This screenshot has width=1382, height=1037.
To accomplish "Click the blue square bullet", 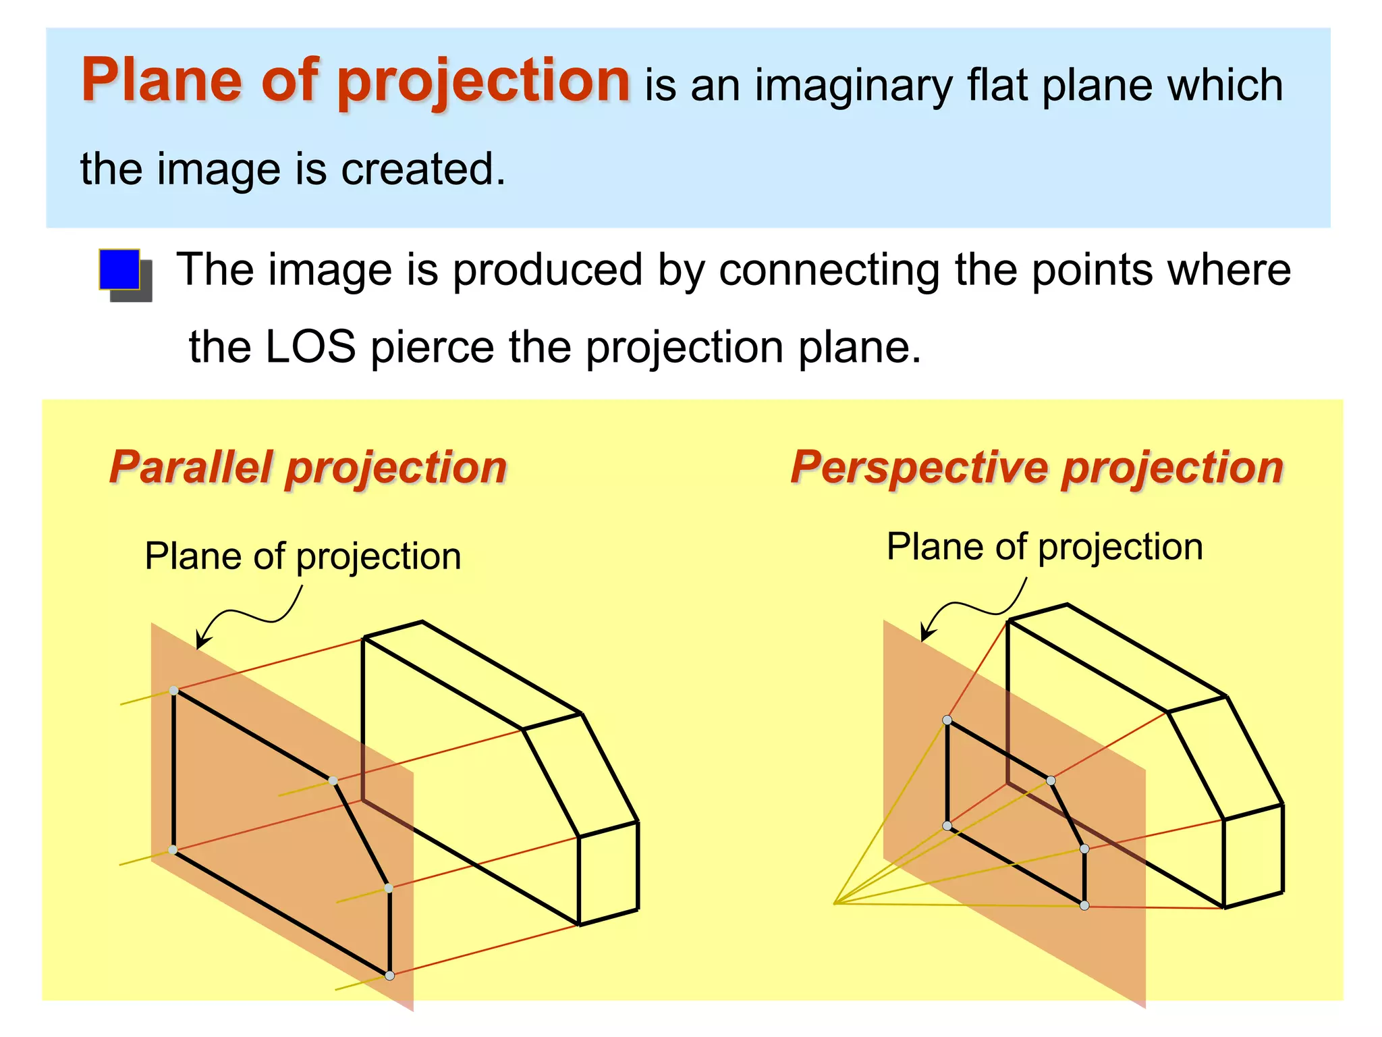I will (120, 269).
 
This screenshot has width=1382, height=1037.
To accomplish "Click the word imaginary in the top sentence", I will (852, 86).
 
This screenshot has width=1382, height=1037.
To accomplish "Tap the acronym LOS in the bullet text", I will (310, 347).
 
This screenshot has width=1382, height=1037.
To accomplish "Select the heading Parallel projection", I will (308, 467).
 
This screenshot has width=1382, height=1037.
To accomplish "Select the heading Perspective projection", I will (1036, 467).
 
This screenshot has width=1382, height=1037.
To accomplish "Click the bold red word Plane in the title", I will (161, 80).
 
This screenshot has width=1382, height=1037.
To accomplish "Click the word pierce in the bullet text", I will (433, 347).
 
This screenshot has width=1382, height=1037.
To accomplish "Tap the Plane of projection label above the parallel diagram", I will (303, 557).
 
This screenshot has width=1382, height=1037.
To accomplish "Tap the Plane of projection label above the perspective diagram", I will (1044, 547).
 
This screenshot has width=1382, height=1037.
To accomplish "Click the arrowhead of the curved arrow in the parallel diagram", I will (200, 643).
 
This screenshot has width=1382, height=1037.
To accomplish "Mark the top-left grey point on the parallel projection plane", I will (174, 690).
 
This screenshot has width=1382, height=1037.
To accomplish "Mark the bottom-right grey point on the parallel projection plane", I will (389, 975).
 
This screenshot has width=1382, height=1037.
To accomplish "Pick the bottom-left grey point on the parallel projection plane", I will (173, 850).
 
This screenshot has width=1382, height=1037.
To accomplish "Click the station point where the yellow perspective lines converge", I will (835, 903).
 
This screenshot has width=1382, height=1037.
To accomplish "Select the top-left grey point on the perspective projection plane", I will (947, 720).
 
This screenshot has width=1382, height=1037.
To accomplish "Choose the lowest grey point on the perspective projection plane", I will (1084, 905).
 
